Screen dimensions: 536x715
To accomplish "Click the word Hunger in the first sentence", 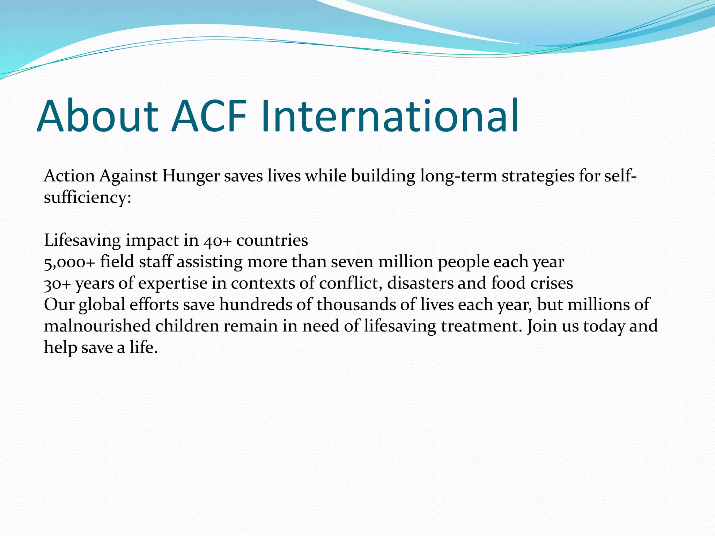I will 191,176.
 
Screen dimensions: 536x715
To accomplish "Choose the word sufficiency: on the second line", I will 88,198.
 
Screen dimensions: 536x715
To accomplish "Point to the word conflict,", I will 350,283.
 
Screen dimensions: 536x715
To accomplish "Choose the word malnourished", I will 97,326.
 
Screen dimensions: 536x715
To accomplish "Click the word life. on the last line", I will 144,348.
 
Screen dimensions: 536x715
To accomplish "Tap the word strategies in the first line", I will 538,176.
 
